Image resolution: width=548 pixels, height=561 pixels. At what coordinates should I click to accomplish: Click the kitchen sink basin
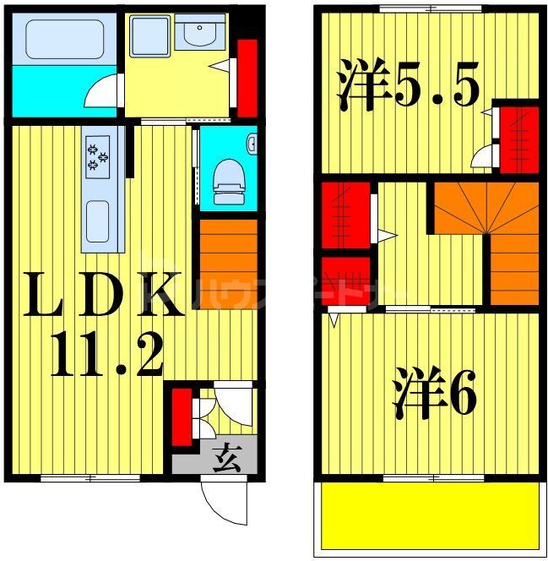(x=100, y=222)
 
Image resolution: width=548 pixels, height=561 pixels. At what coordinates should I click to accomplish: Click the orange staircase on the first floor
(x=228, y=263)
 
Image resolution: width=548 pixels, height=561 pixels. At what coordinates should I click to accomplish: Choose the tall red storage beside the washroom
(x=247, y=76)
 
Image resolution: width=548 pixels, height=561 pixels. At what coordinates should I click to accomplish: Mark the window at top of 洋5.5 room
(x=431, y=8)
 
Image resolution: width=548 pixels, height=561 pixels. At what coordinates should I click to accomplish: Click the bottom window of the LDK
(x=90, y=479)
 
